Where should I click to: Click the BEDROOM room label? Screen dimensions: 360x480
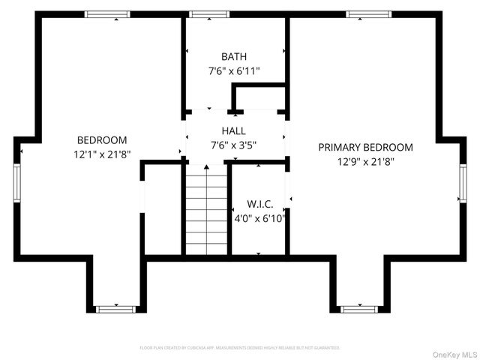pyautogui.click(x=102, y=140)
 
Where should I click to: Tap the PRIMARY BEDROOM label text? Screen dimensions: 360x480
pyautogui.click(x=365, y=148)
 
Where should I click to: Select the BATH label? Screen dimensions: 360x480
pyautogui.click(x=234, y=57)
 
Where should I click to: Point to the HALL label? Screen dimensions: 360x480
pyautogui.click(x=233, y=130)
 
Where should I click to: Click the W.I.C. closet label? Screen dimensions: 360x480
pyautogui.click(x=259, y=204)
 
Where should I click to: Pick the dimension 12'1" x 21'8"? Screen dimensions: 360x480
pyautogui.click(x=102, y=154)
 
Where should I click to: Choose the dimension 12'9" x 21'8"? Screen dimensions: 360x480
pyautogui.click(x=365, y=161)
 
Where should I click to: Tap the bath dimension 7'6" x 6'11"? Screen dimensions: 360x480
pyautogui.click(x=234, y=71)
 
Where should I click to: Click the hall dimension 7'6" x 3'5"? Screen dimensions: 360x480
pyautogui.click(x=234, y=145)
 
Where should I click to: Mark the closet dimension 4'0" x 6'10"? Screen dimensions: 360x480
pyautogui.click(x=259, y=218)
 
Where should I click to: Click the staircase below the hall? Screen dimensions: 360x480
pyautogui.click(x=206, y=210)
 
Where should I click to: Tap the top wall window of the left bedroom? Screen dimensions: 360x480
pyautogui.click(x=107, y=13)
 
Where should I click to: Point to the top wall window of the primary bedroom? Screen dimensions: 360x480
pyautogui.click(x=369, y=13)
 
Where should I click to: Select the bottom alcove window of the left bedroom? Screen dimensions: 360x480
pyautogui.click(x=116, y=309)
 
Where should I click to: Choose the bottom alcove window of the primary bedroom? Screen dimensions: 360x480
pyautogui.click(x=358, y=309)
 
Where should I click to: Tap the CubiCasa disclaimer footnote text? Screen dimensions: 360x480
pyautogui.click(x=240, y=348)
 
